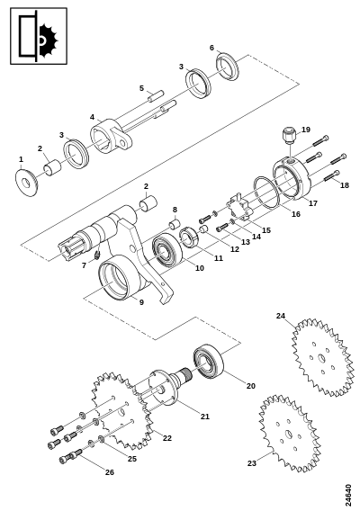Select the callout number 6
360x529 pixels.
(x=211, y=48)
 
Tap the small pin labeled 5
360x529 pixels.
(x=156, y=94)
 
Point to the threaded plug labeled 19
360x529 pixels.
(x=289, y=135)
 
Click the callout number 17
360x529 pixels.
(x=313, y=203)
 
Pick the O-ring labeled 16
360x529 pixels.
(x=266, y=193)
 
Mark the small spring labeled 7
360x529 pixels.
(x=97, y=256)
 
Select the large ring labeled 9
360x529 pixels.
(x=114, y=277)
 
